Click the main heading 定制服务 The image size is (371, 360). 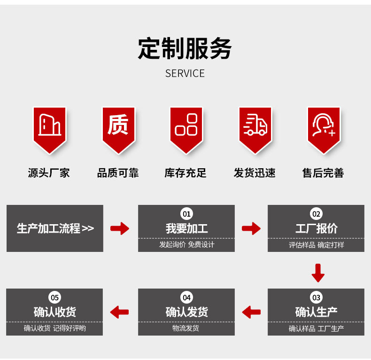(x=185, y=49)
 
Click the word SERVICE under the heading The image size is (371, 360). (x=185, y=73)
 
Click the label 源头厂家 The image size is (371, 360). (x=49, y=173)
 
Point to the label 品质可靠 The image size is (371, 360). (x=118, y=173)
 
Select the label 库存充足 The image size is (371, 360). (x=185, y=173)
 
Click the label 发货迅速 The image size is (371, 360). (x=255, y=173)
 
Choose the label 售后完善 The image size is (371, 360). (x=323, y=173)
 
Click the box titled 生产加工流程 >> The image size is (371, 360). (x=55, y=228)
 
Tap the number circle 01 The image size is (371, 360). (x=186, y=214)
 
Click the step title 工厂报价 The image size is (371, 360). (x=316, y=229)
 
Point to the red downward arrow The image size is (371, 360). (x=318, y=273)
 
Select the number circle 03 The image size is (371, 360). (x=316, y=297)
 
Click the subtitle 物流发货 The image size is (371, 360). (x=186, y=328)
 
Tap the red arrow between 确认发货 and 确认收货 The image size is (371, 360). (x=119, y=311)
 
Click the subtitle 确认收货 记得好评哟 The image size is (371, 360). (x=55, y=328)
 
